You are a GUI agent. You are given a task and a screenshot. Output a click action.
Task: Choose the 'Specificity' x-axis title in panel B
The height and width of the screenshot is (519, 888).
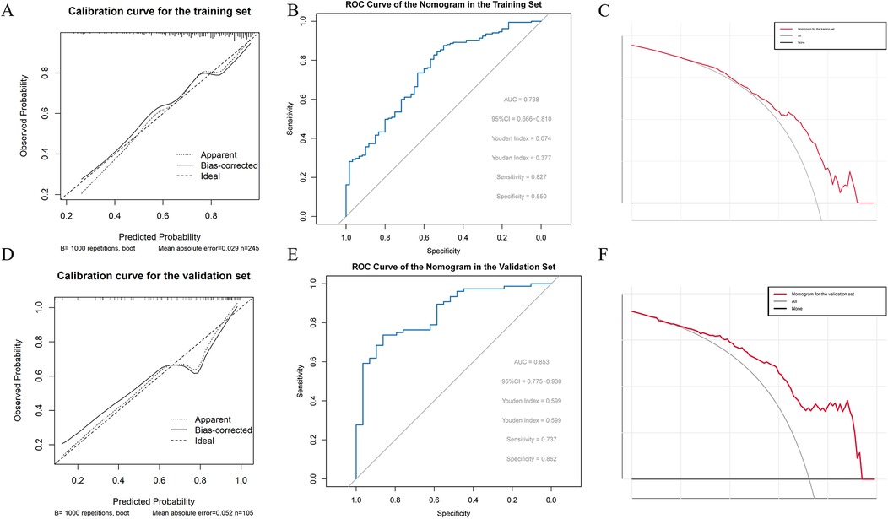click(442, 251)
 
